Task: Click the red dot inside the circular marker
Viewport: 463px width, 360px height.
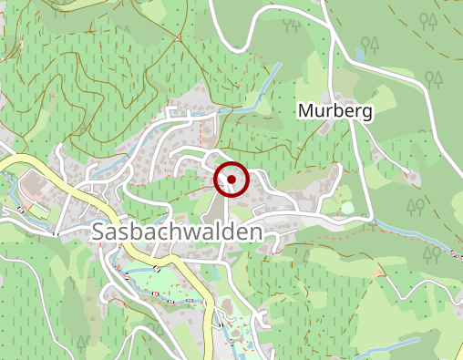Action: (232, 180)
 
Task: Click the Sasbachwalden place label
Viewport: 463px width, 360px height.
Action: (178, 232)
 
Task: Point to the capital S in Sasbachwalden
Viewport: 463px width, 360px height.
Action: (99, 232)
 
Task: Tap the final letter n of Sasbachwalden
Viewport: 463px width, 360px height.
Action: (256, 232)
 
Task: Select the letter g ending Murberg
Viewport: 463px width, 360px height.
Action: (367, 114)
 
